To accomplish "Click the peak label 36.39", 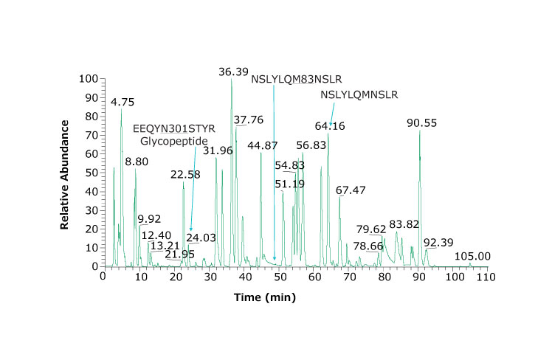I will click(x=233, y=72).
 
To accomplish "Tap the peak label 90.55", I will click(x=421, y=123).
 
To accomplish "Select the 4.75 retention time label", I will click(x=123, y=102).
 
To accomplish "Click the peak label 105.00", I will click(x=472, y=256).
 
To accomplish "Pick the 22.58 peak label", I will click(x=185, y=175).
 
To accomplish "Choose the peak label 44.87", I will click(x=263, y=145).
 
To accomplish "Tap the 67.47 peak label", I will click(x=351, y=190).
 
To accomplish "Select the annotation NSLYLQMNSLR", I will click(x=359, y=94).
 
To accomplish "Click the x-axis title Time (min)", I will click(x=265, y=297).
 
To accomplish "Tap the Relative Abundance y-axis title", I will click(x=65, y=173).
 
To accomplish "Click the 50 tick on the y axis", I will click(x=92, y=173).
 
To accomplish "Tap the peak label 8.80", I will click(x=136, y=162).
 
